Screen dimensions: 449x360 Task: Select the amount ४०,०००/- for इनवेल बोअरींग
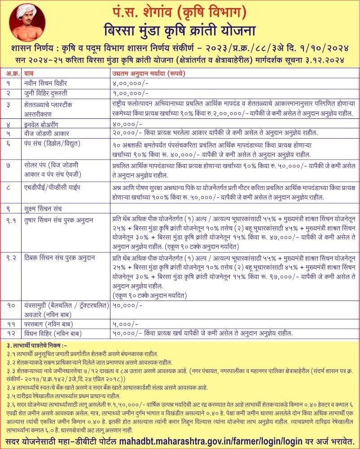coord(124,122)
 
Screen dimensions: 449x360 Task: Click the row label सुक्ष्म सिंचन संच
coord(46,208)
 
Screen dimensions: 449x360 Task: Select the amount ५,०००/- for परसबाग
coord(123,323)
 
